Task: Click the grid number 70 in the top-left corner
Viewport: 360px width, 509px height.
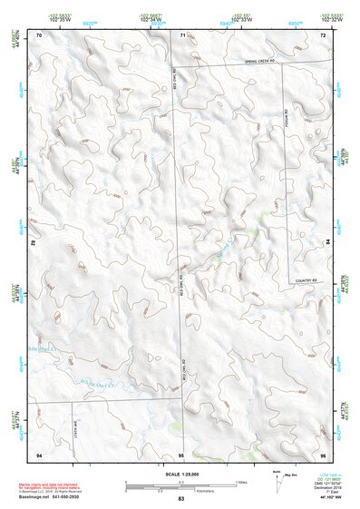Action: pyautogui.click(x=39, y=34)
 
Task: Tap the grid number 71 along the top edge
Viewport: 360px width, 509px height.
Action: pyautogui.click(x=181, y=34)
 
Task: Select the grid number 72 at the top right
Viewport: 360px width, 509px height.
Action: pyautogui.click(x=322, y=34)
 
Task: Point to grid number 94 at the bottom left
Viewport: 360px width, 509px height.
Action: pyautogui.click(x=39, y=454)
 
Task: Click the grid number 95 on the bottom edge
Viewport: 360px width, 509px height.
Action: pyautogui.click(x=181, y=454)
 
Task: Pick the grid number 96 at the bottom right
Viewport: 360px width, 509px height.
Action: pyautogui.click(x=322, y=454)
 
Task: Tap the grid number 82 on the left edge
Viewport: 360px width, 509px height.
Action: pyautogui.click(x=33, y=243)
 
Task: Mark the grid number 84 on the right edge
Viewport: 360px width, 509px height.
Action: pyautogui.click(x=328, y=243)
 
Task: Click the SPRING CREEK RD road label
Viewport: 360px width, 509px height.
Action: pyautogui.click(x=263, y=62)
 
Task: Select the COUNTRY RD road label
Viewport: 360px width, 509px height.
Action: pyautogui.click(x=309, y=281)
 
